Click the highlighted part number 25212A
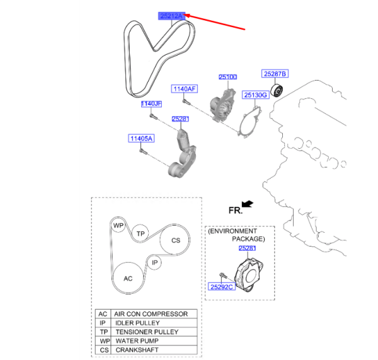click(x=171, y=16)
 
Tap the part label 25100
click(x=227, y=77)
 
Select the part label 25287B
click(x=275, y=74)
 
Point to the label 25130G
click(x=256, y=95)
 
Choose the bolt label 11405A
click(x=142, y=138)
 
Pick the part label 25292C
click(x=221, y=286)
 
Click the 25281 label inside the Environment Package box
click(x=248, y=248)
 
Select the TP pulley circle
click(x=142, y=233)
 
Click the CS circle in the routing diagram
click(x=176, y=240)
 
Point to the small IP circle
click(x=154, y=262)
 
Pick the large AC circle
click(x=128, y=278)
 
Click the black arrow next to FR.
click(x=247, y=204)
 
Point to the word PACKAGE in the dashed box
click(x=248, y=240)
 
